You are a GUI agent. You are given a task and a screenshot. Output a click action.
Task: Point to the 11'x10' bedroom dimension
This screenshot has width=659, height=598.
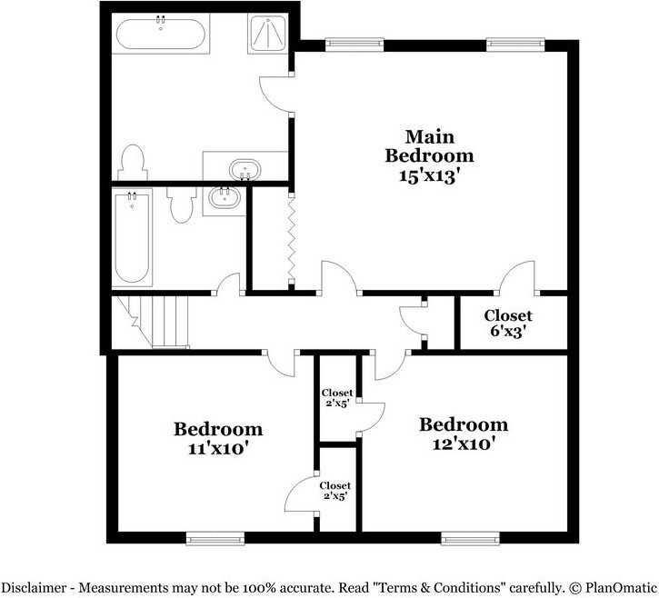click(218, 447)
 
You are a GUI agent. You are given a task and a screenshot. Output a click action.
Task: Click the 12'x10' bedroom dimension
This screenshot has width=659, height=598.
click(463, 444)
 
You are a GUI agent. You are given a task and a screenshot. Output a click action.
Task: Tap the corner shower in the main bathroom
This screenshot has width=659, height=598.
click(266, 35)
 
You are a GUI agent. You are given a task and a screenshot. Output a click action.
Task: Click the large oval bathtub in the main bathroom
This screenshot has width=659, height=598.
click(160, 35)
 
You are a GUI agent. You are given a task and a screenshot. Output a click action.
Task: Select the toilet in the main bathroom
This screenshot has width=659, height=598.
click(132, 163)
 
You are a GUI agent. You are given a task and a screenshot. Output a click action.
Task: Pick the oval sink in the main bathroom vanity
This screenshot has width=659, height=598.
click(245, 169)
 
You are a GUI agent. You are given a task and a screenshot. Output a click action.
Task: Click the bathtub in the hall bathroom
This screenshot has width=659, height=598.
click(133, 237)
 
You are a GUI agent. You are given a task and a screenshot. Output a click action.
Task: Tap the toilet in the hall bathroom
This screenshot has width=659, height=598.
click(181, 204)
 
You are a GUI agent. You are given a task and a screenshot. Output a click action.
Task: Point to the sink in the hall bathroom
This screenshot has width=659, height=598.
click(223, 196)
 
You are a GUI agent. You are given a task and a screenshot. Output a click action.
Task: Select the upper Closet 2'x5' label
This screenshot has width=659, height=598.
click(337, 398)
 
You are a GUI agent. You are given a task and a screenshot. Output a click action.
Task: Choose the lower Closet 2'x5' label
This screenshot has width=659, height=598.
click(334, 492)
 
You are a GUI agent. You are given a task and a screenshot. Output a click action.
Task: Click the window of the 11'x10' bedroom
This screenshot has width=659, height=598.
click(215, 538)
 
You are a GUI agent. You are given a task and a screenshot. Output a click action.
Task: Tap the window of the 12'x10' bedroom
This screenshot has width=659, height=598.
click(470, 538)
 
